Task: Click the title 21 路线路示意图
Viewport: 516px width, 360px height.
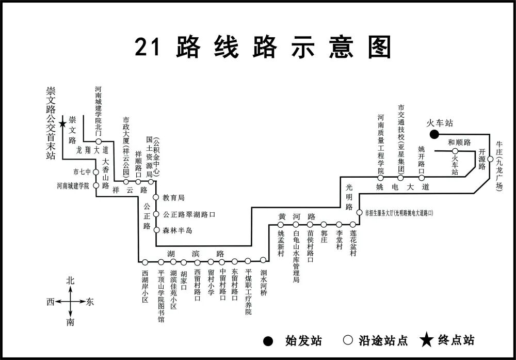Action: (263, 48)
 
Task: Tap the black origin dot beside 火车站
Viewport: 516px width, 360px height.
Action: (434, 134)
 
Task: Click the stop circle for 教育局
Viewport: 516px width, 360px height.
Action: (156, 197)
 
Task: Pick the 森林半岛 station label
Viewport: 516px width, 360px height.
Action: (178, 230)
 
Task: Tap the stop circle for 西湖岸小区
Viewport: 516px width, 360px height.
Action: (145, 262)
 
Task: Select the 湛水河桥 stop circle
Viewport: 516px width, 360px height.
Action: (264, 260)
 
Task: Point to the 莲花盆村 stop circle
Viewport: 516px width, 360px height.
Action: (353, 224)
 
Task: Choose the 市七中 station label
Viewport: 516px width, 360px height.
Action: (82, 172)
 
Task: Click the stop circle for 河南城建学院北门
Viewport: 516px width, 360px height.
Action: (98, 141)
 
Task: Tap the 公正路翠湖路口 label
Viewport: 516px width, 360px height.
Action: (188, 214)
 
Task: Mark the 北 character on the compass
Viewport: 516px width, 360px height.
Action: (70, 281)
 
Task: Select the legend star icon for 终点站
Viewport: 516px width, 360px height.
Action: (426, 340)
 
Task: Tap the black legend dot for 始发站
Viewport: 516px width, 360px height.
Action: (268, 340)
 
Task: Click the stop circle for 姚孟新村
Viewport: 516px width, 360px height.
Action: (282, 225)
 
